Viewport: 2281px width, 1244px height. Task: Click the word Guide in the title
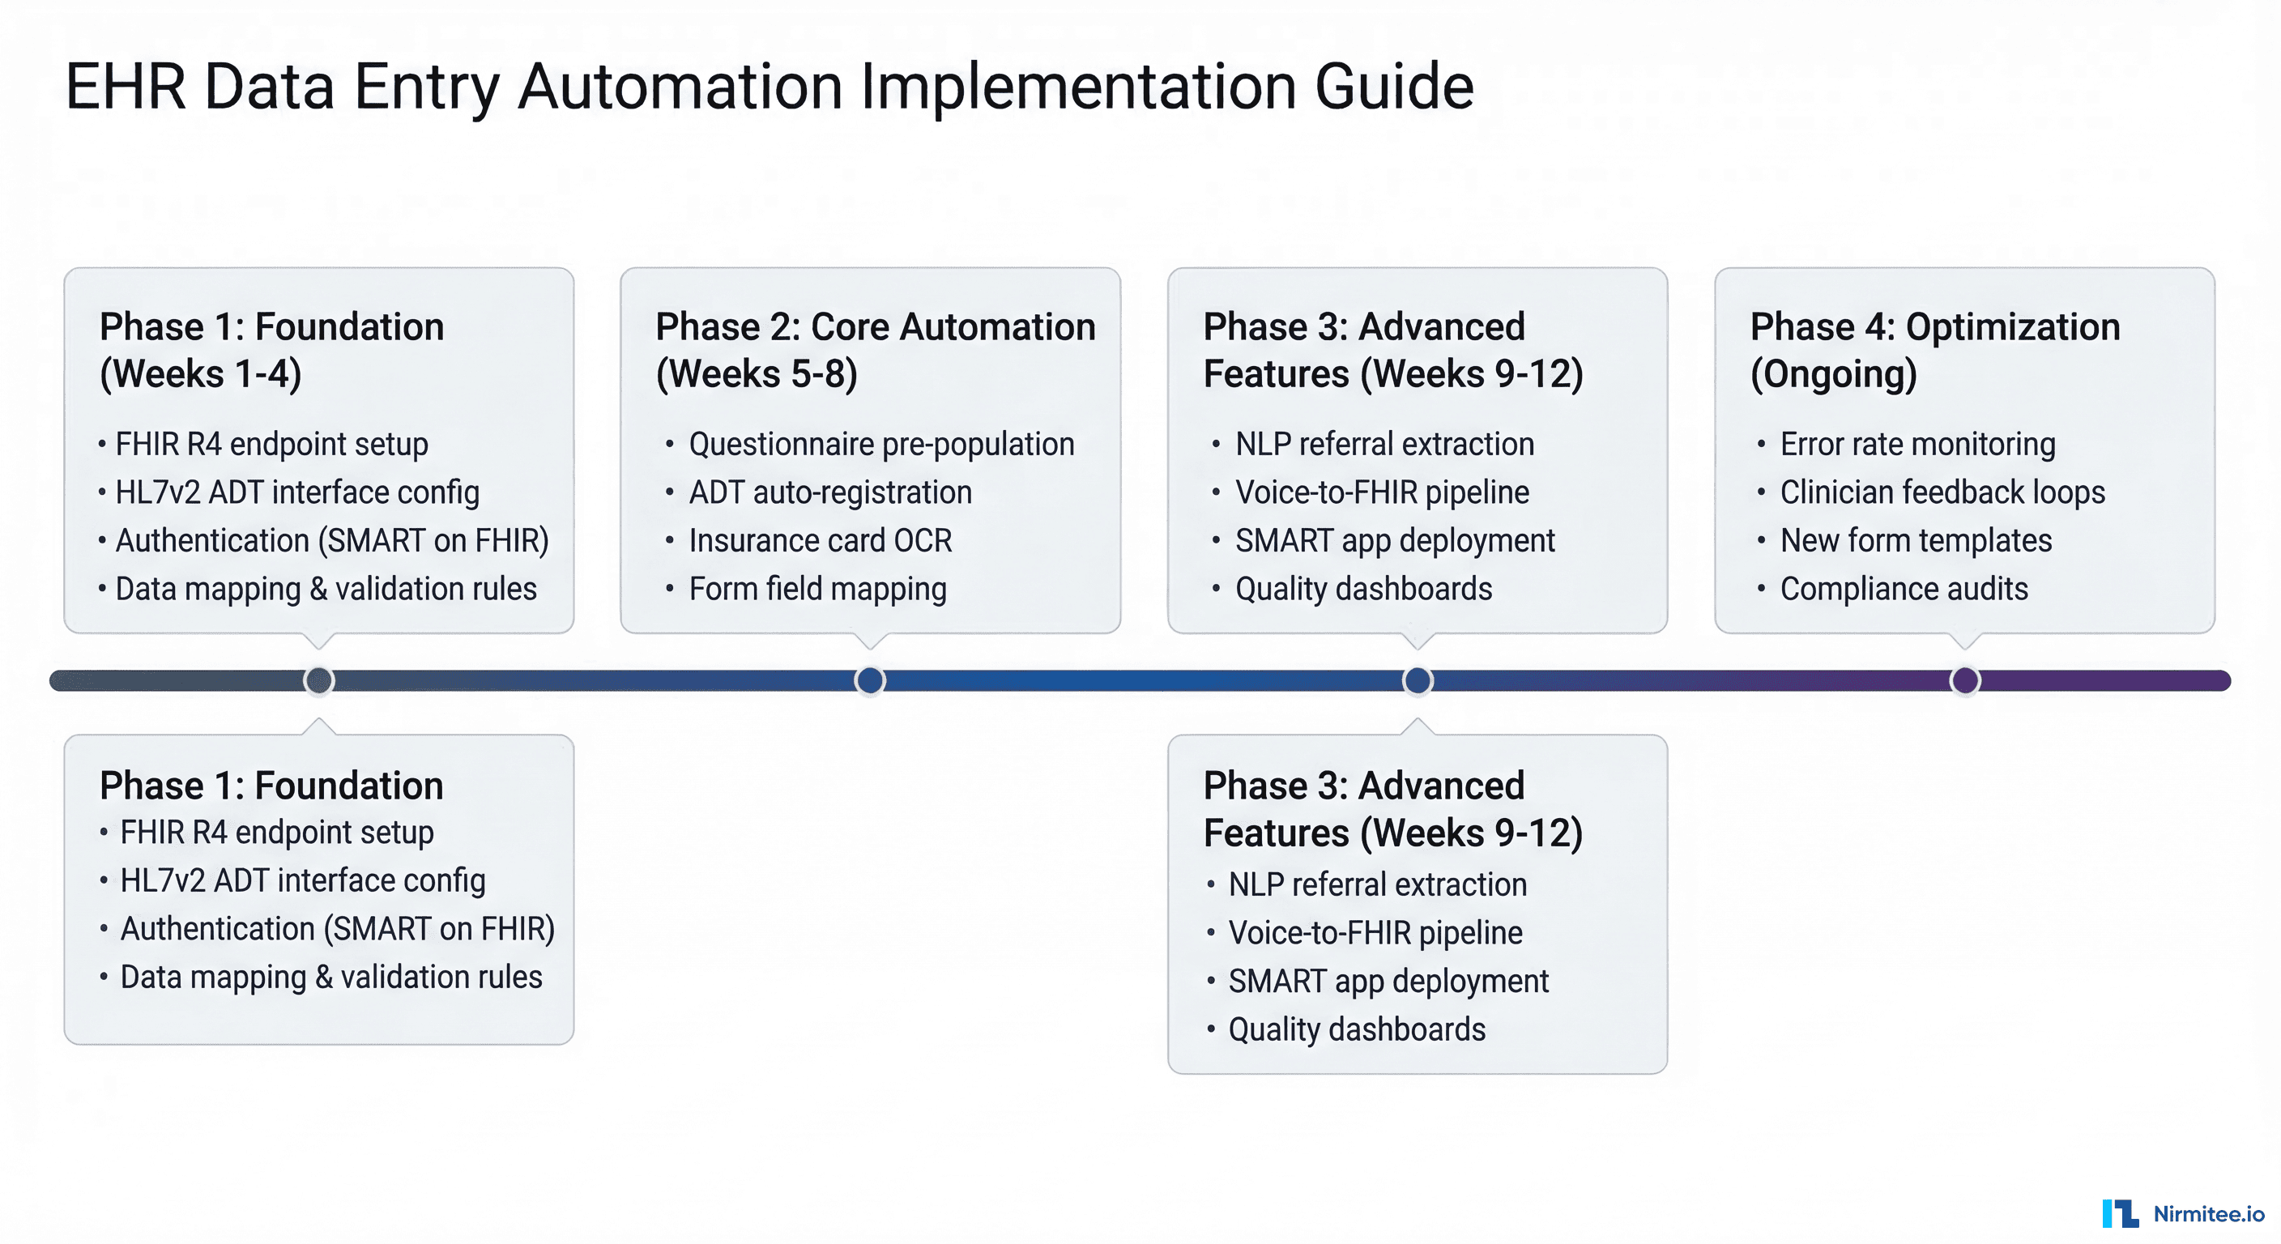tap(1394, 87)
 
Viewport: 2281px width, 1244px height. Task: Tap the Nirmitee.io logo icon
tap(2120, 1213)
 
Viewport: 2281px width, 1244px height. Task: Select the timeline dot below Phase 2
tap(869, 680)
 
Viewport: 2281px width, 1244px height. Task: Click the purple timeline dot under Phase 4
tap(1965, 680)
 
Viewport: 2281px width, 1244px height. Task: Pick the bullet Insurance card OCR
tap(820, 540)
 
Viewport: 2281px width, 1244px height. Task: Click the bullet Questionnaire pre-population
tap(881, 444)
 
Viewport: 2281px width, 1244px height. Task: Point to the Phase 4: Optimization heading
tap(1935, 326)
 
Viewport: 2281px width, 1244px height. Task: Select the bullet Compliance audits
tap(1904, 589)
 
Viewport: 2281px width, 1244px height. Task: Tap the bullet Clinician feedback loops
tap(1942, 492)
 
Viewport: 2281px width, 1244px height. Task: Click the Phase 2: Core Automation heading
tap(875, 326)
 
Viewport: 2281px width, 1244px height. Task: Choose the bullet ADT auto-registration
tap(829, 492)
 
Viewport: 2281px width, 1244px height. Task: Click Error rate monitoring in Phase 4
tap(1917, 444)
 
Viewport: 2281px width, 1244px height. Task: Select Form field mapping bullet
tap(817, 589)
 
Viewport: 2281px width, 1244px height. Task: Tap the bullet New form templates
tap(1916, 540)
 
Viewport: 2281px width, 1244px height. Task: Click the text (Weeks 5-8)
tap(757, 373)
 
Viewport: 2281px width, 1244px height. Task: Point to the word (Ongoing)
tap(1833, 373)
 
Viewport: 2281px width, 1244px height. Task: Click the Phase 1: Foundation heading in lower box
tap(271, 786)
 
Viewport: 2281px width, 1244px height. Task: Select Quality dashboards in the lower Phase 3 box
tap(1357, 1029)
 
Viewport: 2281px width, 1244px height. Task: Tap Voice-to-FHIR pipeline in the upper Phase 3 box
tap(1381, 492)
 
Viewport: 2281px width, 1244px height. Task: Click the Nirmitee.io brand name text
tap(2208, 1214)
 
